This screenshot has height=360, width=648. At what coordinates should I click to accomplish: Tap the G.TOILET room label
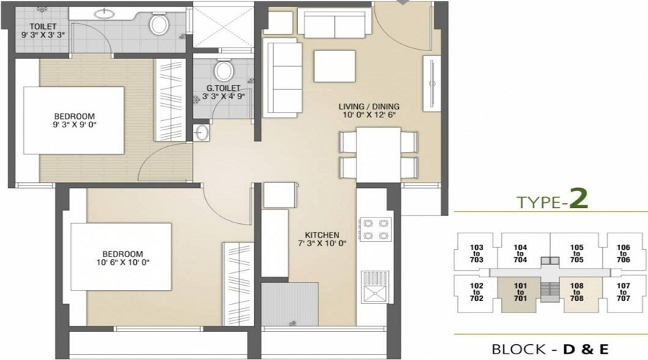point(222,93)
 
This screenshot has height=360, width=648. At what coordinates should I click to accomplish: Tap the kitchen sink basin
point(375,293)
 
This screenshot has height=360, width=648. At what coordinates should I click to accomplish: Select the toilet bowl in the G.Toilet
point(224,71)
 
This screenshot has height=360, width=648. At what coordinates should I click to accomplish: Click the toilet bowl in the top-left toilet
point(158,25)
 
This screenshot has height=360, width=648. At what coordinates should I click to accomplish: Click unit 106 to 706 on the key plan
point(624,253)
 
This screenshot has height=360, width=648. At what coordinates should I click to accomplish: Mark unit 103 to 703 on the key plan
point(476,253)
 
